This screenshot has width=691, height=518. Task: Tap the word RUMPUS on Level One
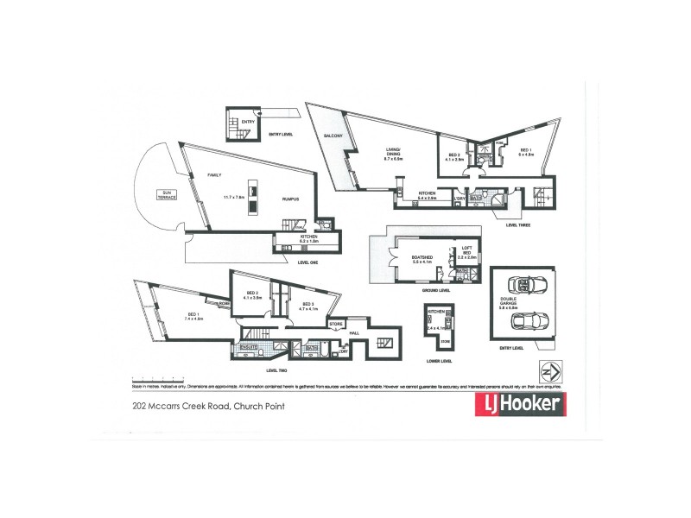click(290, 199)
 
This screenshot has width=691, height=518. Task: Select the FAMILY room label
click(214, 175)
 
